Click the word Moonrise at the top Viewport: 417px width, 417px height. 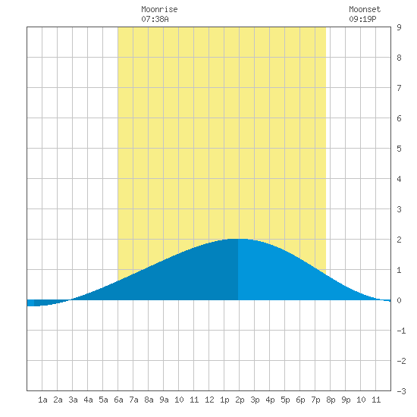[x=159, y=9]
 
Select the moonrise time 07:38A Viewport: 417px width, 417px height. [x=155, y=19]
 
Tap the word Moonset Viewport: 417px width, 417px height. [x=365, y=9]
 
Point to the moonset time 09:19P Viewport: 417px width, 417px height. [x=362, y=19]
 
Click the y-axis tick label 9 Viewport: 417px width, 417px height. [x=399, y=27]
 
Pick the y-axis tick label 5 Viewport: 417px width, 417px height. [x=399, y=149]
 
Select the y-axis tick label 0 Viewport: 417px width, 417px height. [x=399, y=300]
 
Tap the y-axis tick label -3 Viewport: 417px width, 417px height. [x=401, y=391]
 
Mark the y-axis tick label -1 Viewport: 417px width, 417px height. [x=401, y=331]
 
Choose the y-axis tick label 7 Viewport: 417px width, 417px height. [x=399, y=88]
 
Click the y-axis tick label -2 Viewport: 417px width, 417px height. [x=401, y=361]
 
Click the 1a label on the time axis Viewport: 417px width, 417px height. [x=42, y=400]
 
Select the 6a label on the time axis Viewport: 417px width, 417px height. [x=118, y=400]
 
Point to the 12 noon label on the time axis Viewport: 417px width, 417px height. [x=209, y=400]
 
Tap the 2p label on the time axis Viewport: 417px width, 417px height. [x=240, y=400]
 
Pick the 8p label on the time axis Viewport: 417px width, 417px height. [x=331, y=400]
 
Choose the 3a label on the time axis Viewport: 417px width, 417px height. [x=73, y=400]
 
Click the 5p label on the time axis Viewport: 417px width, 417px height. [x=285, y=400]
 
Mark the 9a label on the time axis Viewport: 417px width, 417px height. [x=164, y=400]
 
